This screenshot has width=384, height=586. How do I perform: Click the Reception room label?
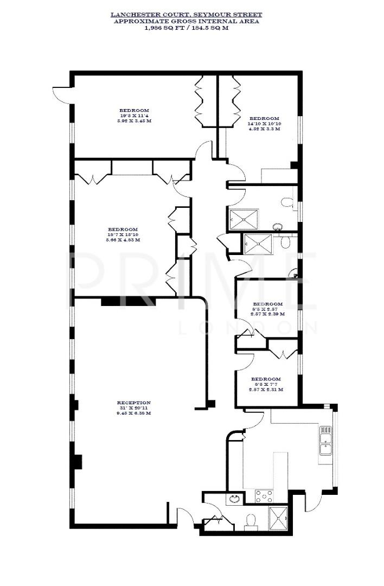[133, 403]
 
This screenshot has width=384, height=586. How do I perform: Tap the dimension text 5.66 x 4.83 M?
[122, 239]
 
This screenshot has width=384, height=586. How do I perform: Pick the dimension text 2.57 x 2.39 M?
[267, 314]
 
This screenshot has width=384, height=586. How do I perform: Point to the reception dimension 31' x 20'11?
[133, 408]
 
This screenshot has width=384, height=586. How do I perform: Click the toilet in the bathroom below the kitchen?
[251, 521]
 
